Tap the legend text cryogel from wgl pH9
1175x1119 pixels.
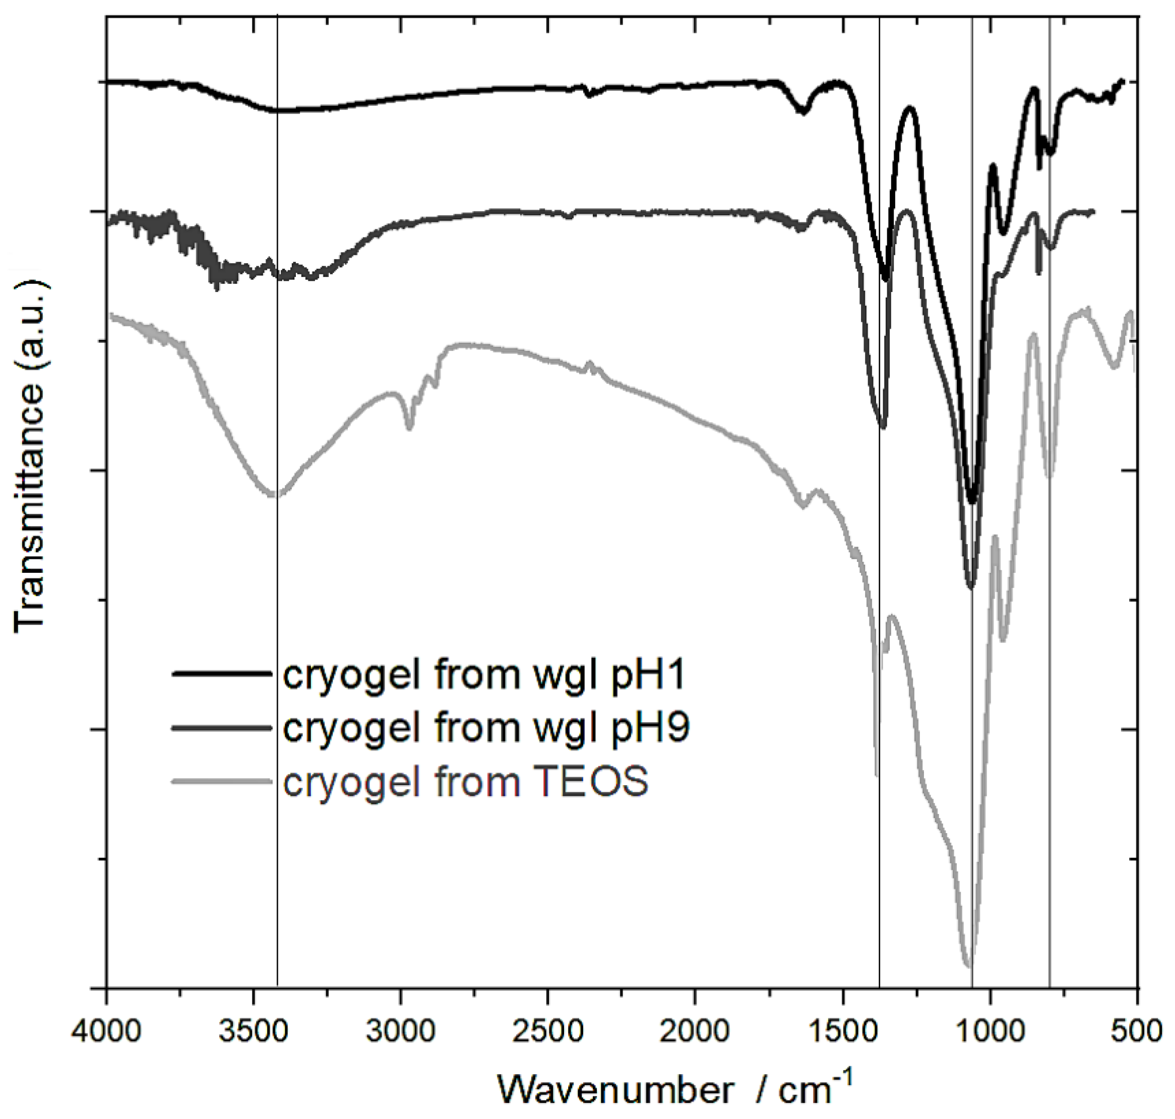486,728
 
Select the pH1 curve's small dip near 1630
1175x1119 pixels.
803,111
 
